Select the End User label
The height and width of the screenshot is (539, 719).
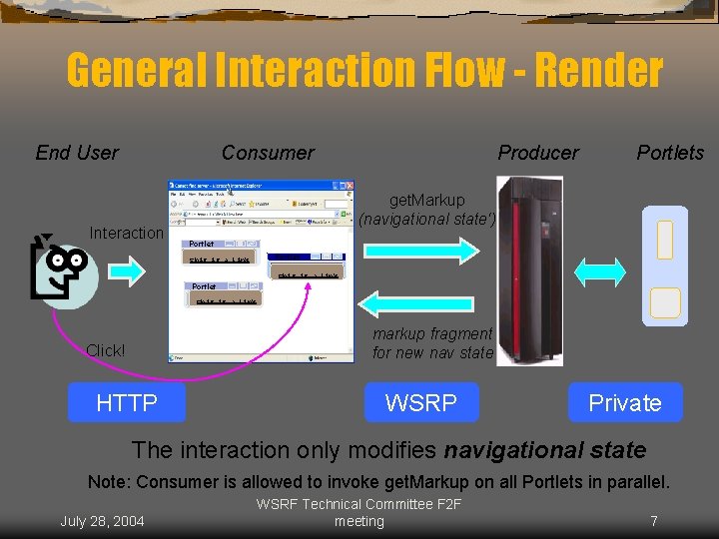[77, 153]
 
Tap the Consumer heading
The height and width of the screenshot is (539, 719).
[268, 153]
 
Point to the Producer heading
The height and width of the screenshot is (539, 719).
[538, 153]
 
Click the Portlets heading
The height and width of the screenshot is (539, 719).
[670, 153]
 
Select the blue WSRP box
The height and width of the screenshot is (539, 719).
[420, 402]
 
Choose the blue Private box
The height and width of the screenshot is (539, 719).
[625, 402]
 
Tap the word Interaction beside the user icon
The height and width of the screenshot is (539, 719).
[126, 234]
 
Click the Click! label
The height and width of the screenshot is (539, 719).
[106, 350]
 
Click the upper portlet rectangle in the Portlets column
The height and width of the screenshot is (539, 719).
[665, 240]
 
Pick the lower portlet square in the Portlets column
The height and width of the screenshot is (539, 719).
[665, 302]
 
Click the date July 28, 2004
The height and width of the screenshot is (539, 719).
[102, 521]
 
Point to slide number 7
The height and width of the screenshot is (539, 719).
[653, 521]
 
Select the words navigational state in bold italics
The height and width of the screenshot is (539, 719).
[545, 450]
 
